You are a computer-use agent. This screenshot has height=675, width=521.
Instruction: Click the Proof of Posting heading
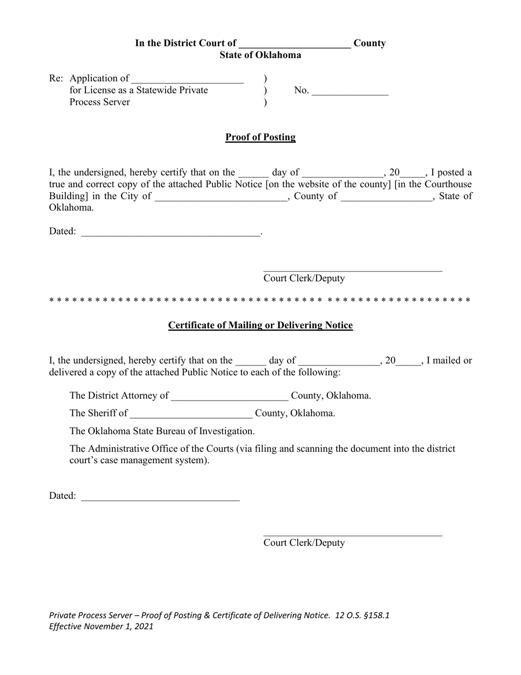[260, 137]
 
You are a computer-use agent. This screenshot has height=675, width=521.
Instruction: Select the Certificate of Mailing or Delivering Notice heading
[260, 325]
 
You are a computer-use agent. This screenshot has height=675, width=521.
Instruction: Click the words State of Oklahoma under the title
[260, 55]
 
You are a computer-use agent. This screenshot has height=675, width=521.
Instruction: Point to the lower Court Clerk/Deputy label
[304, 543]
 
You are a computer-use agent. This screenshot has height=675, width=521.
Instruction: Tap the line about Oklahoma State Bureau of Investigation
[162, 431]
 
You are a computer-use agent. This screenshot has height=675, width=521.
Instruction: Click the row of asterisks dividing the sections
[260, 301]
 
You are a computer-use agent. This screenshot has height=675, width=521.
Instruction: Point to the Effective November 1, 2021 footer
[101, 626]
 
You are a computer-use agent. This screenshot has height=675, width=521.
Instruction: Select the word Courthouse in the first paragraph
[448, 184]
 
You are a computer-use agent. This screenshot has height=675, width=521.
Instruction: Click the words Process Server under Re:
[99, 102]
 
